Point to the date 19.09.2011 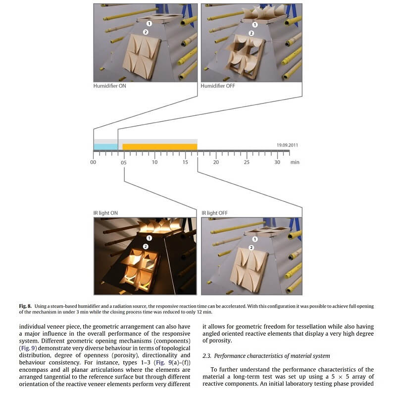pos(287,145)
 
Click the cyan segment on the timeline pos(105,147)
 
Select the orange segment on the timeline pos(159,147)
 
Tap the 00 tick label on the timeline pos(93,162)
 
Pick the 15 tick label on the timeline pos(185,162)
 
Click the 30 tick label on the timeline pos(277,162)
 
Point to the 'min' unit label pos(295,162)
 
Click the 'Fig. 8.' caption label pos(26,306)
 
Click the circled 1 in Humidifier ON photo pos(148,23)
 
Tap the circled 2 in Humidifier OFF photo pos(251,33)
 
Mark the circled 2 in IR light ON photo pos(145,246)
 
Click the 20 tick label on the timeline pos(216,162)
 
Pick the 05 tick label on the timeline pos(124,162)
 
